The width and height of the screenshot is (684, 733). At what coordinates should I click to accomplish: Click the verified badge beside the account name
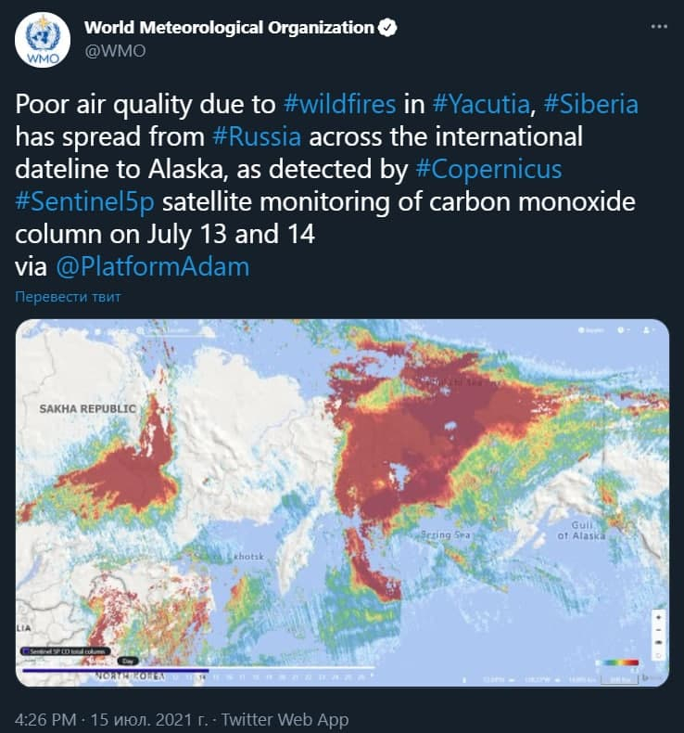(387, 27)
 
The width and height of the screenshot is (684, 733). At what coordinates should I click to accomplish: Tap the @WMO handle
(115, 51)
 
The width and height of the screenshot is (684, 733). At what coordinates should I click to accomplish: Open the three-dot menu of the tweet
(659, 27)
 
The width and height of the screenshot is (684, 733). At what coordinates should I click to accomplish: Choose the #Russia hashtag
(257, 137)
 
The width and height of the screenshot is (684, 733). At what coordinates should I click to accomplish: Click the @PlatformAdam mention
(153, 267)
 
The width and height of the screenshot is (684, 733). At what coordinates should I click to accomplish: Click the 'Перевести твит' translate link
(68, 297)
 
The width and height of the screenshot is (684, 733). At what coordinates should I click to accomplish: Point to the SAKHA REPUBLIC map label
(87, 408)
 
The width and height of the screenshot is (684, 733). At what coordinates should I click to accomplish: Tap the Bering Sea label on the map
(447, 535)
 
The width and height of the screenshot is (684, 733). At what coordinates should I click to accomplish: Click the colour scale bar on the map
(617, 662)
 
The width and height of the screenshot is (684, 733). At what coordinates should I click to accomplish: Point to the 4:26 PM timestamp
(44, 719)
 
